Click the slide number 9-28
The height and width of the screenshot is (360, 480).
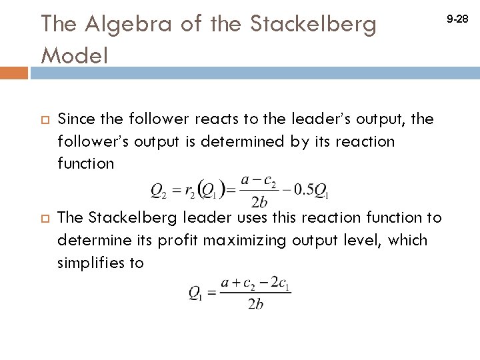(458, 21)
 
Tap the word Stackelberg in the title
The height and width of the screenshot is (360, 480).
(313, 25)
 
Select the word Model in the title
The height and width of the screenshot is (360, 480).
(74, 55)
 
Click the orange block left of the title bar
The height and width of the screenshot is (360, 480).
(14, 73)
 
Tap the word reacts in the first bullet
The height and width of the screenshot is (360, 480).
(218, 119)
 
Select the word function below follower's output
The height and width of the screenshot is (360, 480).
(86, 163)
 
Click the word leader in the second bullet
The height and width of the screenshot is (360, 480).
(191, 217)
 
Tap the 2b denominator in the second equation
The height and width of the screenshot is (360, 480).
(255, 304)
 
